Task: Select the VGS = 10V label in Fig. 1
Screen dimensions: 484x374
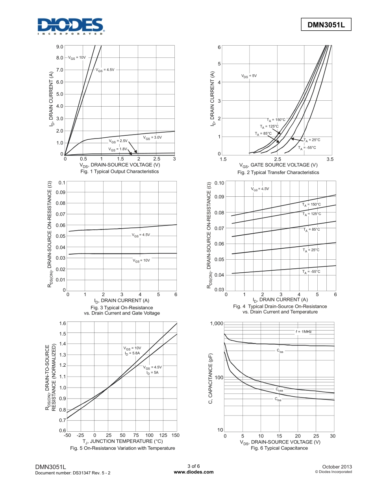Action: coord(77,57)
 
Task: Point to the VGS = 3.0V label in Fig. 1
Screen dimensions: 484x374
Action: coord(152,138)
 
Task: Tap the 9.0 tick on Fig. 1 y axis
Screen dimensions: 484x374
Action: coord(60,46)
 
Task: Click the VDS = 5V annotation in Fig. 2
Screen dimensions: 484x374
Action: coord(249,76)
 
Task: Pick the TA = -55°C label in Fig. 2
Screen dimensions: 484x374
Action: coord(307,148)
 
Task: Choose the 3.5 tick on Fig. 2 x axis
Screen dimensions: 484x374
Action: coord(330,159)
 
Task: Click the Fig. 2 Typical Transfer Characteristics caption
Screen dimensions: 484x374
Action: coord(278,172)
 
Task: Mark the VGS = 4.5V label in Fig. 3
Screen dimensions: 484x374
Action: coord(141,235)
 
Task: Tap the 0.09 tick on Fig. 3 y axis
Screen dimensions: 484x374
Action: coord(60,192)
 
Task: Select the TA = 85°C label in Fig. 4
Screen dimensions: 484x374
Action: coord(311,229)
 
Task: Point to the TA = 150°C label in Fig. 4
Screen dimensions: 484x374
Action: coord(311,205)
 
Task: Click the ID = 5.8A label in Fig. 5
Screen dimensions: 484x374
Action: coord(132,353)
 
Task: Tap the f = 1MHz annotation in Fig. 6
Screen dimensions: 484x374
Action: coord(304,332)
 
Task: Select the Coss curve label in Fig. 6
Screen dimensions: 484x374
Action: coord(279,390)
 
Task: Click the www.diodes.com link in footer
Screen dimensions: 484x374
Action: coord(194,472)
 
